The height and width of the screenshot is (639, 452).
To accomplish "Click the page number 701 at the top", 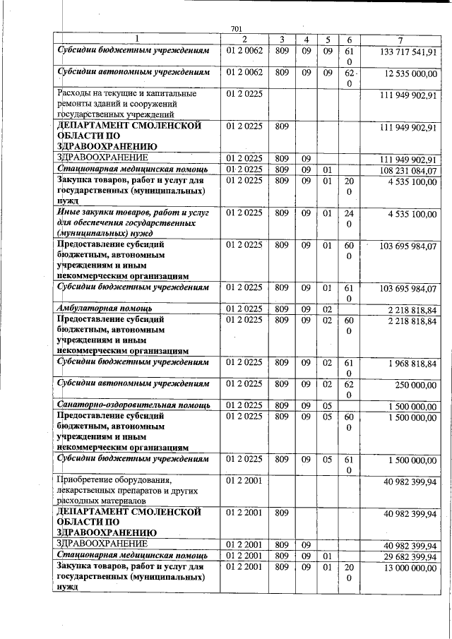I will [x=237, y=28].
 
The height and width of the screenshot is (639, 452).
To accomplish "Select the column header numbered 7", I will [x=399, y=39].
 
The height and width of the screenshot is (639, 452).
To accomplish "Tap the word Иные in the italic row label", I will [x=69, y=213].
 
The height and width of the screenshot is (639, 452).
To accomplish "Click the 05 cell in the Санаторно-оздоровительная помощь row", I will [x=327, y=405].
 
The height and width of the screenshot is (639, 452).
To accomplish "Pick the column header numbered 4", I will [x=307, y=39].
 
